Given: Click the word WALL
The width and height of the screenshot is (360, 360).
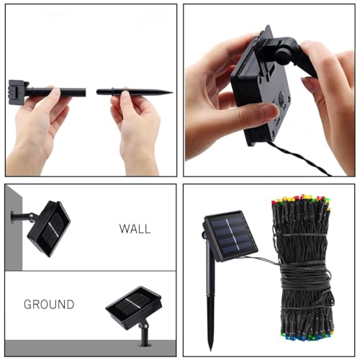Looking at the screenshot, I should [135, 229].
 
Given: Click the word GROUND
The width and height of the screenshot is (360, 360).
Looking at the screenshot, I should [49, 305].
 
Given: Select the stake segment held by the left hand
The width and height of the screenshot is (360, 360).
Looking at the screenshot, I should [58, 92].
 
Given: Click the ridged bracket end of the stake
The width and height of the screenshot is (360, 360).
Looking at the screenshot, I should [17, 91].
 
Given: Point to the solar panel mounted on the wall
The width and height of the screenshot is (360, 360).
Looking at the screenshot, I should [49, 228].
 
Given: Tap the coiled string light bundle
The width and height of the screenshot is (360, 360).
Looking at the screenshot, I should [302, 270].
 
